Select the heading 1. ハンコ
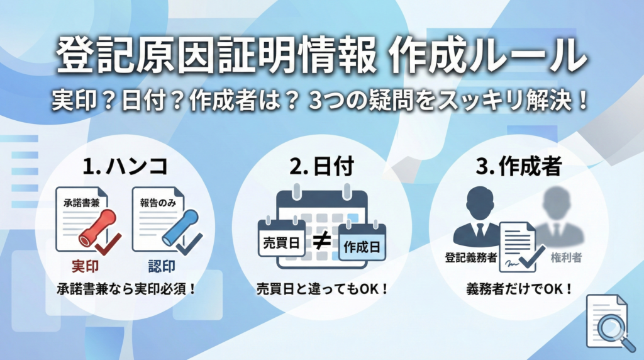click(x=125, y=166)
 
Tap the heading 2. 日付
click(x=321, y=166)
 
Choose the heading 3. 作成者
click(x=519, y=166)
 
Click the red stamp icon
click(x=97, y=227)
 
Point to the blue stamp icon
click(x=180, y=228)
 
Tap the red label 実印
click(x=85, y=267)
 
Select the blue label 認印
click(x=162, y=267)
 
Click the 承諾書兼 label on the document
click(x=81, y=203)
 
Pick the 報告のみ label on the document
click(x=158, y=203)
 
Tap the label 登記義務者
click(x=470, y=257)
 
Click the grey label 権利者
click(x=566, y=257)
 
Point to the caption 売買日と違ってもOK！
click(x=322, y=289)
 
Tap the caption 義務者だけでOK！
click(x=519, y=289)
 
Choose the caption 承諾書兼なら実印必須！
click(x=126, y=289)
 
